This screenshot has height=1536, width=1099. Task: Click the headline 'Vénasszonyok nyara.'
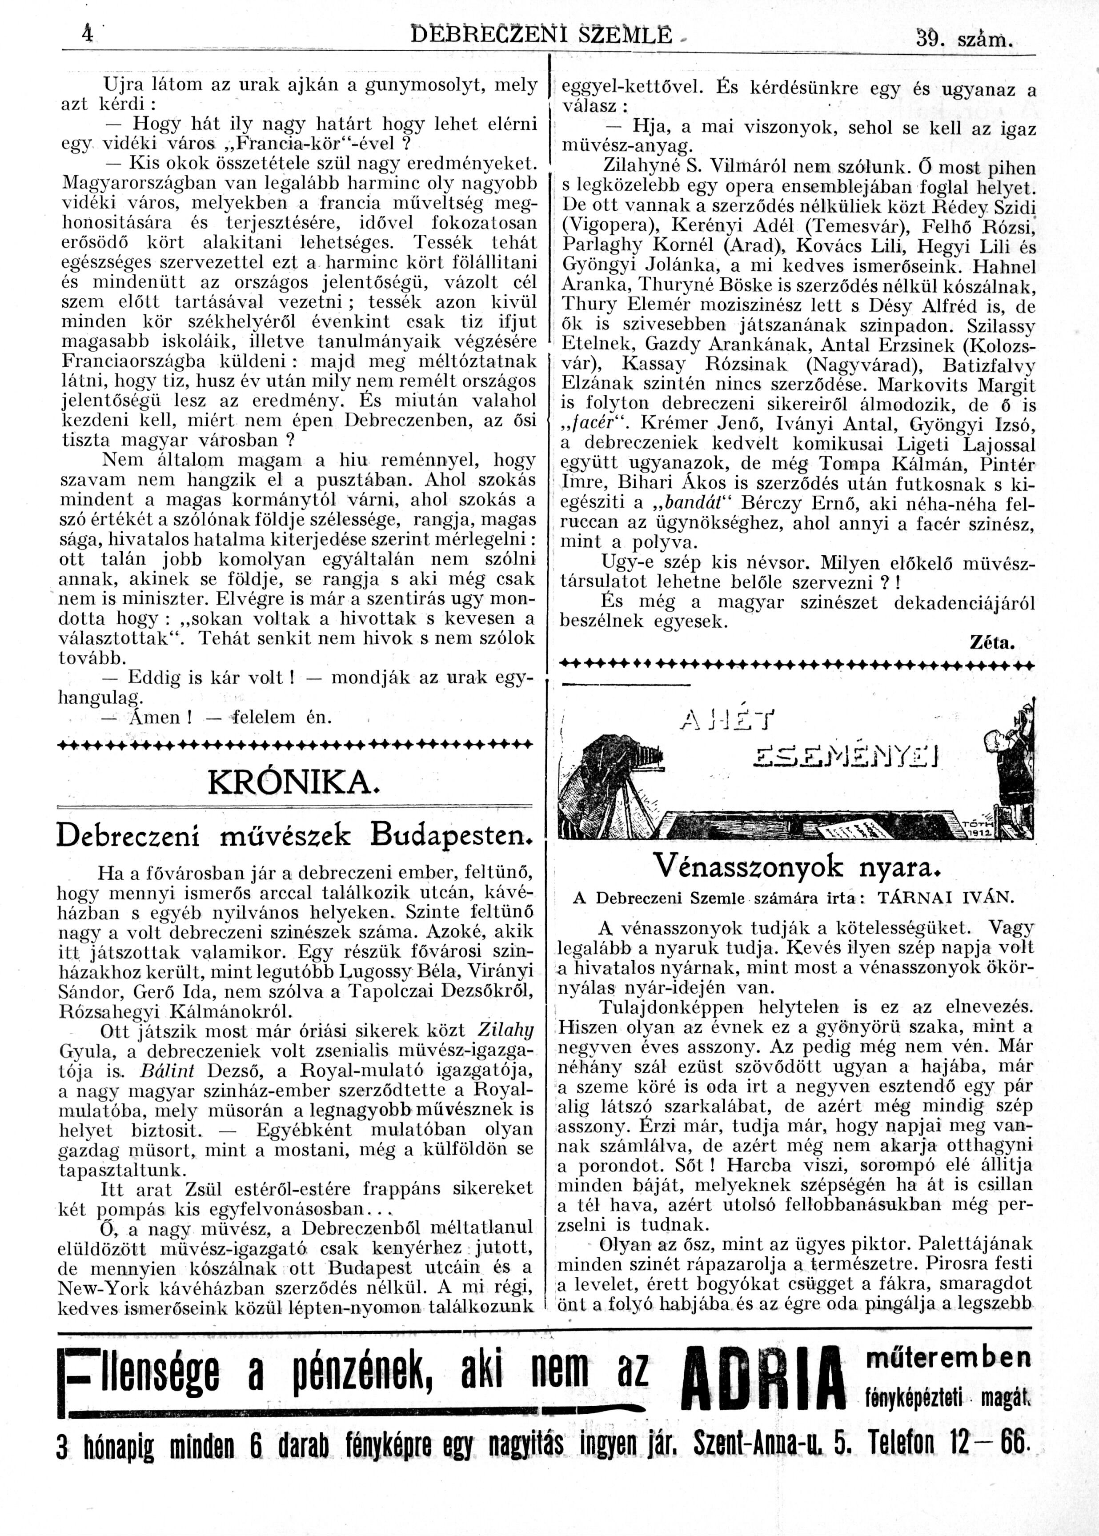[x=797, y=866]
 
